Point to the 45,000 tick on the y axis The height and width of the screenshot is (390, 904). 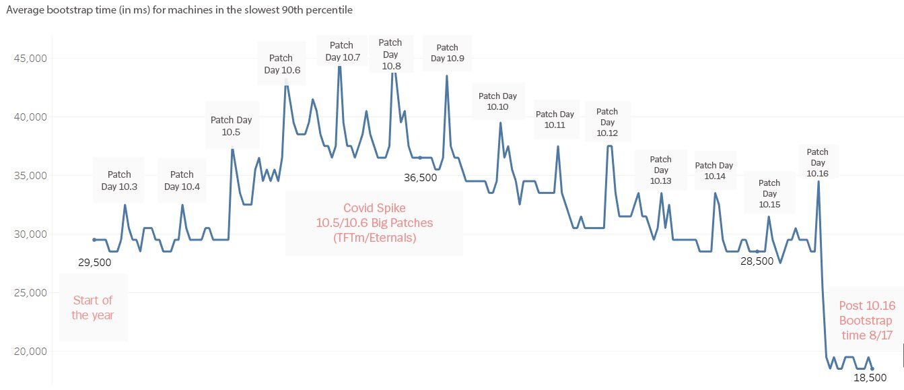click(30, 59)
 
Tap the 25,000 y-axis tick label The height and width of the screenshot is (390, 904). click(30, 293)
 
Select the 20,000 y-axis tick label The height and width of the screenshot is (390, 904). click(30, 352)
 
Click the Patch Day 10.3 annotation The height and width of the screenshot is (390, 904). click(119, 181)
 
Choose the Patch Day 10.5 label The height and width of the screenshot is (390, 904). click(231, 126)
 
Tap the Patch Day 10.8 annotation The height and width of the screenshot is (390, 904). click(390, 54)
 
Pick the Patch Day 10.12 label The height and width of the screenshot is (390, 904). click(607, 122)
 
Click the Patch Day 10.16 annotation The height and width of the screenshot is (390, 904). click(817, 162)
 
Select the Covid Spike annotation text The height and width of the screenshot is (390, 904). click(374, 222)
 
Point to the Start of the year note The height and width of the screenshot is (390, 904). click(92, 308)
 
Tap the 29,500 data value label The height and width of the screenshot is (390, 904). click(94, 262)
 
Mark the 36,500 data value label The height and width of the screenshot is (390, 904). click(420, 178)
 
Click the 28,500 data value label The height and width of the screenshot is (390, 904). click(757, 261)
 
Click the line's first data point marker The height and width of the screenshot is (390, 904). click(94, 240)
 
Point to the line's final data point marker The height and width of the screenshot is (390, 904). click(872, 368)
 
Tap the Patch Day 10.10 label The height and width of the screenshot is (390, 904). click(497, 101)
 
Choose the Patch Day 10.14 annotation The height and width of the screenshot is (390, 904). click(714, 170)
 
